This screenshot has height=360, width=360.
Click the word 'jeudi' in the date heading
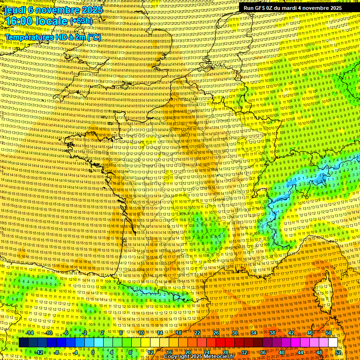pyautogui.click(x=14, y=10)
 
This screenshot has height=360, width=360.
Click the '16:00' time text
pyautogui.click(x=19, y=22)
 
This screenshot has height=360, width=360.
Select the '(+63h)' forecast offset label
pyautogui.click(x=81, y=22)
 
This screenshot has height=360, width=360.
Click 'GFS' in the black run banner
pyautogui.click(x=263, y=8)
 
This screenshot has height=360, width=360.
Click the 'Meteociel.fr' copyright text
pyautogui.click(x=221, y=357)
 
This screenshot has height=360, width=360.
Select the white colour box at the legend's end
pyautogui.click(x=333, y=343)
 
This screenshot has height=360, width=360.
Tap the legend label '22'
pyautogui.click(x=197, y=333)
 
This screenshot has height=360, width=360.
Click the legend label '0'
pyautogui.click(x=93, y=352)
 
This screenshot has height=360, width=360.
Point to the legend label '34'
pyautogui.click(x=254, y=333)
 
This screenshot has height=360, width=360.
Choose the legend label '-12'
pyautogui.click(x=39, y=352)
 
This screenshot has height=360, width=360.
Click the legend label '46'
pyautogui.click(x=310, y=333)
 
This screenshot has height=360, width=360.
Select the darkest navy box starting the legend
pyautogui.click(x=23, y=343)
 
